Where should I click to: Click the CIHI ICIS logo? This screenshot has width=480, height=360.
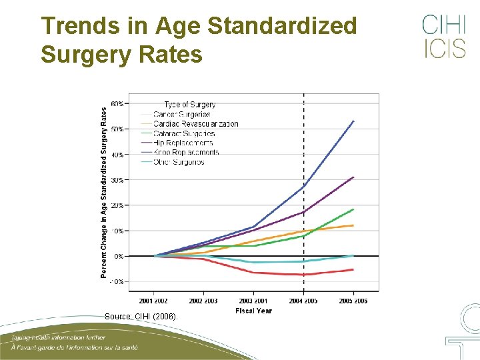tap(443, 37)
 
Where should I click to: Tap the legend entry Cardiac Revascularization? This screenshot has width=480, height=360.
tap(195, 124)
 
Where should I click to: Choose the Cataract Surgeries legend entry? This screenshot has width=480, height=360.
tap(183, 133)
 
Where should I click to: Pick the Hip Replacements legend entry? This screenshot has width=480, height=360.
tap(183, 143)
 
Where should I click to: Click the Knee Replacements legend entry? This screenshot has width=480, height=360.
tap(185, 153)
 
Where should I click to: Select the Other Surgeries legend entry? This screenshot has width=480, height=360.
tap(178, 162)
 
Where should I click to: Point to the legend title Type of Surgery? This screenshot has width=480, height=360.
tap(189, 105)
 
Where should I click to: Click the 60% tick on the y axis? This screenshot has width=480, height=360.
tap(117, 104)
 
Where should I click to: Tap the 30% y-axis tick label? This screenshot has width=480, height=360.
tap(117, 180)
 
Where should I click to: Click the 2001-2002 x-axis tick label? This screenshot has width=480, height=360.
tap(154, 301)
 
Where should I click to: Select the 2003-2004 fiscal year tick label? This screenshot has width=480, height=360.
tap(253, 301)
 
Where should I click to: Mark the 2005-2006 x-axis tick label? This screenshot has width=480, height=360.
tap(353, 301)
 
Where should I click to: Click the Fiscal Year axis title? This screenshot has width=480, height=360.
tap(253, 311)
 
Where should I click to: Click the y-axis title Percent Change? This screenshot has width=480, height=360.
tap(104, 193)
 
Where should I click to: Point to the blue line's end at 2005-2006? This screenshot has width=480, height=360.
tap(353, 121)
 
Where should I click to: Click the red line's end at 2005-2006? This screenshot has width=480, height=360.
tap(353, 269)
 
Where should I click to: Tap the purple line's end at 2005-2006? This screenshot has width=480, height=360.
tap(353, 177)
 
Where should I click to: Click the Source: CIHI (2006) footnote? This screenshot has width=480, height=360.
tap(141, 317)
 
